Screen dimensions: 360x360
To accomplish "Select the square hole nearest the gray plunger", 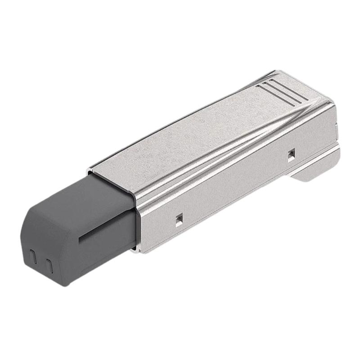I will point(179,218).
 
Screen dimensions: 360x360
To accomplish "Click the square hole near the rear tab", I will point(291,154).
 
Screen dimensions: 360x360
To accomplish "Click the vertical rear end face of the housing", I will point(335,130).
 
